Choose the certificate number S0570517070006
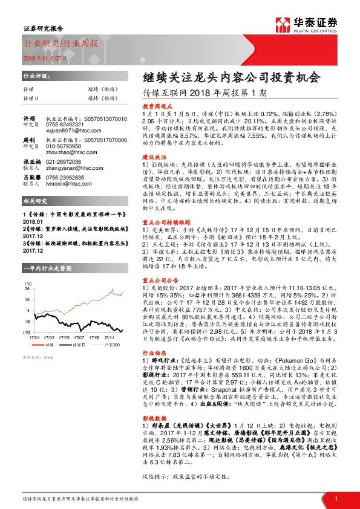tap(106, 140)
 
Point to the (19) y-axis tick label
tap(27, 332)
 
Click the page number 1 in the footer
tap(335, 498)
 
